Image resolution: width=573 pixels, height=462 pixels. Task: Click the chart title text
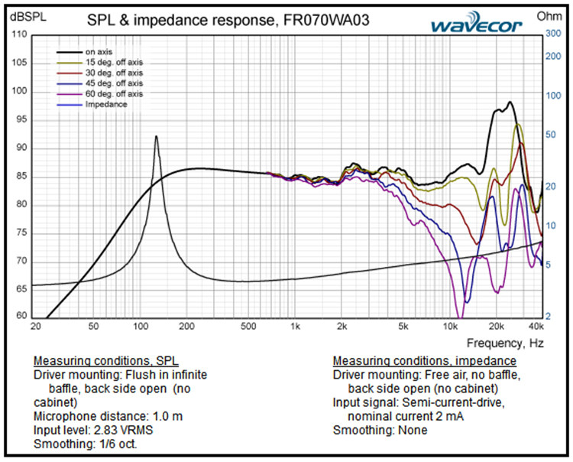tap(228, 21)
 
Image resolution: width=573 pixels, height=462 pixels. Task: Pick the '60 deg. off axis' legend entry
tap(114, 93)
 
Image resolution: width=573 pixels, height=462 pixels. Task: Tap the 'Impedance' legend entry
tap(106, 104)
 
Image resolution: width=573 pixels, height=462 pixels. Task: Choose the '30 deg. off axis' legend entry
tap(114, 73)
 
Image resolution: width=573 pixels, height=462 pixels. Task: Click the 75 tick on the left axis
tap(21, 233)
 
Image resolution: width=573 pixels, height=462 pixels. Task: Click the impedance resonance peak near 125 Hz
tap(157, 137)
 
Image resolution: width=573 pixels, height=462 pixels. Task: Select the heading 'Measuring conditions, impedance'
tap(425, 361)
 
